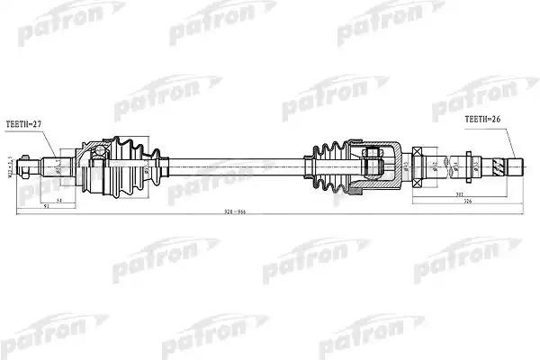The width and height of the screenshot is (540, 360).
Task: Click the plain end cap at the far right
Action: tap(517, 166)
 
